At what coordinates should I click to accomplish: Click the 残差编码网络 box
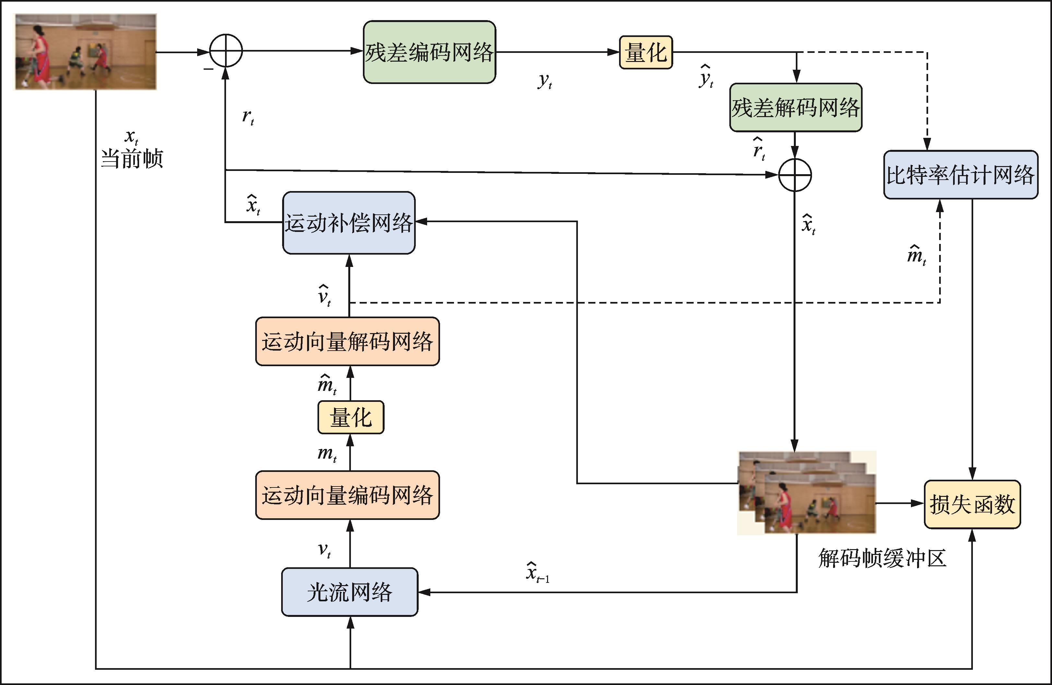pos(429,52)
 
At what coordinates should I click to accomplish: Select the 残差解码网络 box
pos(795,107)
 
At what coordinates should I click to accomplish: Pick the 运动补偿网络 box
pos(349,222)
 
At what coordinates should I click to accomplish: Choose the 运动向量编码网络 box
pos(347,495)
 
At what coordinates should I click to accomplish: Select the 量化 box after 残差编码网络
pos(646,52)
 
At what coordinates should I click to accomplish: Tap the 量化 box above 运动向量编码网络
pos(351,417)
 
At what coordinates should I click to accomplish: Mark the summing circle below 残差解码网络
pos(795,175)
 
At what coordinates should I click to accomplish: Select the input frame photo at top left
pos(86,52)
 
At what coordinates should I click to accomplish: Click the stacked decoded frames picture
pos(807,493)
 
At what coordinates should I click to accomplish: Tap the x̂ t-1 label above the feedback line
pos(537,573)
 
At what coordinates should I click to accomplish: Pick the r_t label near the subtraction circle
pos(248,117)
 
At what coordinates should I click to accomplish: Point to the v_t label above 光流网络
pos(324,550)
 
